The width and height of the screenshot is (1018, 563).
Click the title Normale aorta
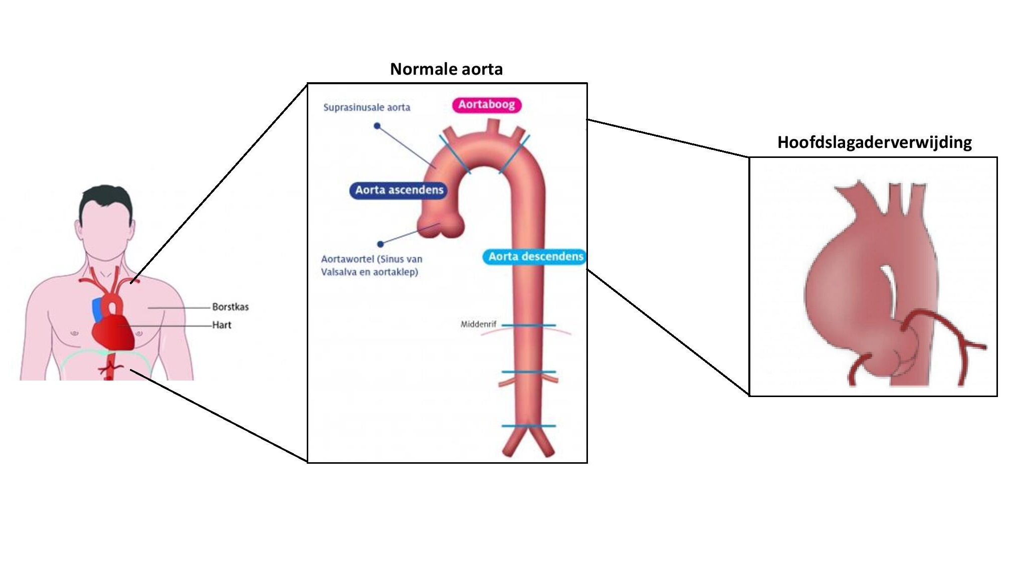point(446,69)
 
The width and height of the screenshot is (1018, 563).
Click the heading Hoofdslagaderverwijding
point(874,142)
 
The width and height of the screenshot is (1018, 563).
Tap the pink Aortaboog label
point(486,105)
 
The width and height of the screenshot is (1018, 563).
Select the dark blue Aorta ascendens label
point(399,190)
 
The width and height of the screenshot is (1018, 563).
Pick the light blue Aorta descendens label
point(535,257)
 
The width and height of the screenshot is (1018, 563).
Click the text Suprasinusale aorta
point(366,107)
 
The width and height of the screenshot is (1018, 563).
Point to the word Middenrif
point(478,324)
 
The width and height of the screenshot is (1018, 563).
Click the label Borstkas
point(230,307)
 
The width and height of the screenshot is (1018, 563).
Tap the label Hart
point(222,325)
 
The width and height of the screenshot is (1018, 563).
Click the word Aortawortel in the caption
point(347,259)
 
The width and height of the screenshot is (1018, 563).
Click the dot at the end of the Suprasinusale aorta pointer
point(377,126)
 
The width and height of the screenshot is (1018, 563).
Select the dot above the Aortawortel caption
point(380,244)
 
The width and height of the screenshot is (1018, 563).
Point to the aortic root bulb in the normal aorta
point(440,226)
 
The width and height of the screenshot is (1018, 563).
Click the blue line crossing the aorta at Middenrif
point(529,325)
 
